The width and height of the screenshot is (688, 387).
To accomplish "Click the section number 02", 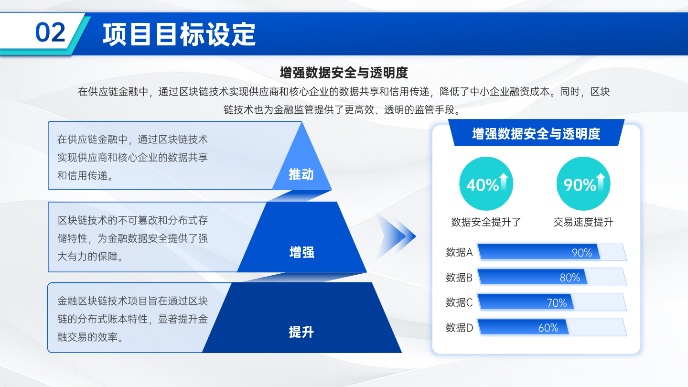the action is point(50,32).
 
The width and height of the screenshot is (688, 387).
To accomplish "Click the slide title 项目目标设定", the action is point(179,34).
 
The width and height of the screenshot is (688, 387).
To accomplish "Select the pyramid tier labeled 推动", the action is point(302,166).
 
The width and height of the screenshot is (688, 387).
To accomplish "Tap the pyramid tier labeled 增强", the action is point(302,243).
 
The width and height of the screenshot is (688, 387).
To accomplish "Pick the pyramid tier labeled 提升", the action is point(302,322).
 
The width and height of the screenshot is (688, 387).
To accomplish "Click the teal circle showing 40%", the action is point(486,183).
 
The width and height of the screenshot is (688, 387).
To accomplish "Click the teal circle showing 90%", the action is point(583,183).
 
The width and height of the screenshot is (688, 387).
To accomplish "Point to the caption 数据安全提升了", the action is point(486,222).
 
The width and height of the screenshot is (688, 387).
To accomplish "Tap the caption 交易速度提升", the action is point(583,222).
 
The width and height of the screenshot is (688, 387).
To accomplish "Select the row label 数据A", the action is point(459,252).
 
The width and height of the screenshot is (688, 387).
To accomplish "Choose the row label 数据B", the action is point(459,277).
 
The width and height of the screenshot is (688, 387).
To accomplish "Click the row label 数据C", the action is point(459,302).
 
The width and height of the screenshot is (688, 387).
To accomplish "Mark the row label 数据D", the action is point(459,328).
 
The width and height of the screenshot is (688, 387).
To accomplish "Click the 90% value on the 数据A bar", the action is point(582,252).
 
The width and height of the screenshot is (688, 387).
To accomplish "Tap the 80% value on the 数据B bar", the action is point(570,278).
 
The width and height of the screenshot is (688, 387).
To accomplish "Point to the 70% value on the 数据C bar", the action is point(557,303).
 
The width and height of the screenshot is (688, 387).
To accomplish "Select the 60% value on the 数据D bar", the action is point(548,328).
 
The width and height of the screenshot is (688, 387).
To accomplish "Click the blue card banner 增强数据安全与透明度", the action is point(536,133).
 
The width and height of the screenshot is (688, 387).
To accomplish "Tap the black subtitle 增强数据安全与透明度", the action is point(344,73).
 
